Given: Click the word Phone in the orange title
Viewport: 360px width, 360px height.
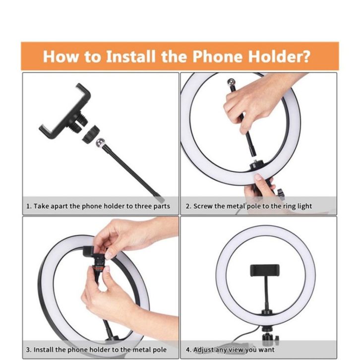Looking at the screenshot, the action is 217,56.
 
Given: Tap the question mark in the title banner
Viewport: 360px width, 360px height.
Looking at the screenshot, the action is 305,56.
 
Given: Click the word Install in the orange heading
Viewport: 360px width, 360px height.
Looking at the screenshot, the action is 130,56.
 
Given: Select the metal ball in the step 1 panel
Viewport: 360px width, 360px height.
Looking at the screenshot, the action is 100,143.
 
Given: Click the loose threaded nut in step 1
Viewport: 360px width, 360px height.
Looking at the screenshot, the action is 91,134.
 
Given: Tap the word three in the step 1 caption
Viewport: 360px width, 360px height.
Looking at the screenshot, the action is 143,206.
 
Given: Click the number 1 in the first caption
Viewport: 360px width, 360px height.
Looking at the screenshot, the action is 28,206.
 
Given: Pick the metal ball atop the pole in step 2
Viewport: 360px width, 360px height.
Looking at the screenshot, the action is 232,82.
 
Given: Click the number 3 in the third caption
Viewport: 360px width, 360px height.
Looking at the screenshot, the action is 28,350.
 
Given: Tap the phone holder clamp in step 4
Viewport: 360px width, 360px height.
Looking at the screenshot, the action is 264,270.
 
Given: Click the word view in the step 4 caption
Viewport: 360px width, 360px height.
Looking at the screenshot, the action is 237,350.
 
